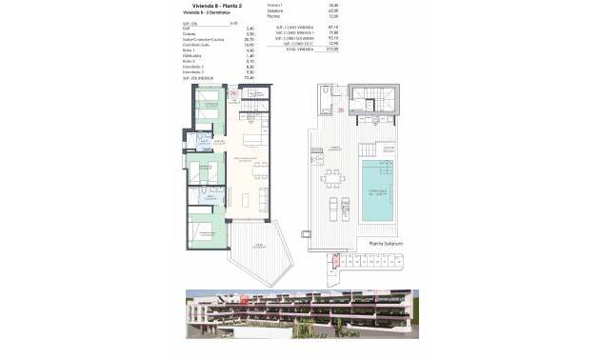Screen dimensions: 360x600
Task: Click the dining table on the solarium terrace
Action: (x=332, y=180)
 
